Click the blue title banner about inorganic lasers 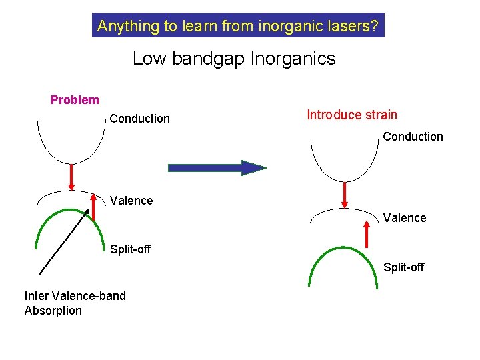point(238,27)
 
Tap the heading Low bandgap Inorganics point(234,59)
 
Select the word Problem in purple point(75,100)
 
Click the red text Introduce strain point(351,115)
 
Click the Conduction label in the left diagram point(139,119)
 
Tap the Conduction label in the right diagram point(413,137)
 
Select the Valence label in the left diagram point(131,201)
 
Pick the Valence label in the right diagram point(405,218)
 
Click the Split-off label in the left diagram point(130,249)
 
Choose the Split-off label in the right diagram point(403,267)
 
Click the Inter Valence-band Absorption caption point(75,303)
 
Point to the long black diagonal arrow point(65,241)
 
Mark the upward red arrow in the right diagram point(367,235)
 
